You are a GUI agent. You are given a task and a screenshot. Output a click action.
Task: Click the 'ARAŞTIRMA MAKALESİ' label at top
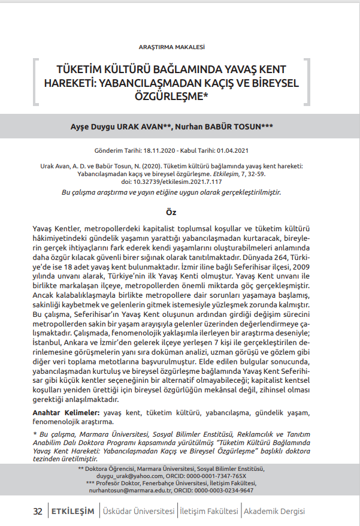[172, 46]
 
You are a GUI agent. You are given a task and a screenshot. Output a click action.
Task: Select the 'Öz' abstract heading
[171, 211]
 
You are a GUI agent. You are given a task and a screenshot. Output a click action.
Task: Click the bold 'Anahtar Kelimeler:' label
[66, 413]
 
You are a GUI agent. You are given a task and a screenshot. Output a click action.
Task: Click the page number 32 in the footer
[38, 511]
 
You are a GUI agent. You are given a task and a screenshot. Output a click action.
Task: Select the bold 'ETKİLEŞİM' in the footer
[73, 511]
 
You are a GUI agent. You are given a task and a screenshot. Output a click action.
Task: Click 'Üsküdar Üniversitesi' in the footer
[139, 511]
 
